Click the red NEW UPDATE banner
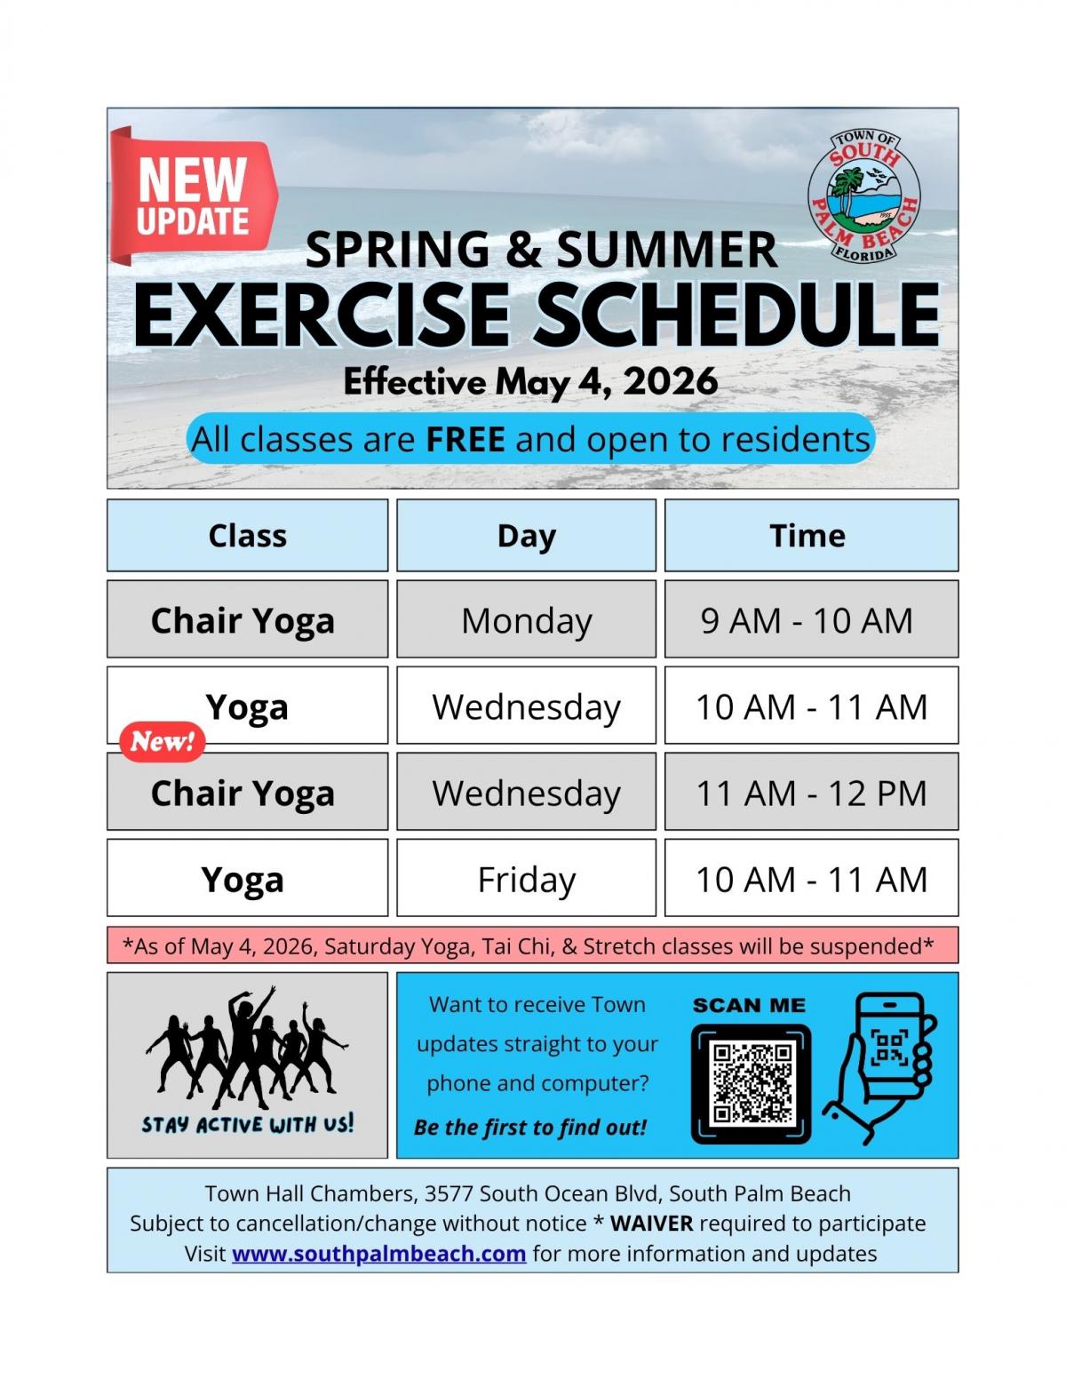[193, 195]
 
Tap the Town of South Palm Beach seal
[863, 196]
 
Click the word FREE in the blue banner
[465, 439]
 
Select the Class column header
[247, 535]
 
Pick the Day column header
[526, 535]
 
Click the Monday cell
[526, 620]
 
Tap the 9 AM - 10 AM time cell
[807, 620]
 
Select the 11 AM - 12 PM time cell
[811, 793]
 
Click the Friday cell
[526, 879]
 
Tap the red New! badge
[162, 741]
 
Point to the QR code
[752, 1082]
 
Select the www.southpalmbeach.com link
[378, 1253]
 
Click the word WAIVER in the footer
[651, 1223]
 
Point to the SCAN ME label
[749, 1005]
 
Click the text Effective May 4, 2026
[530, 382]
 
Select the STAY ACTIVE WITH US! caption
[247, 1124]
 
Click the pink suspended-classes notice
[532, 945]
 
